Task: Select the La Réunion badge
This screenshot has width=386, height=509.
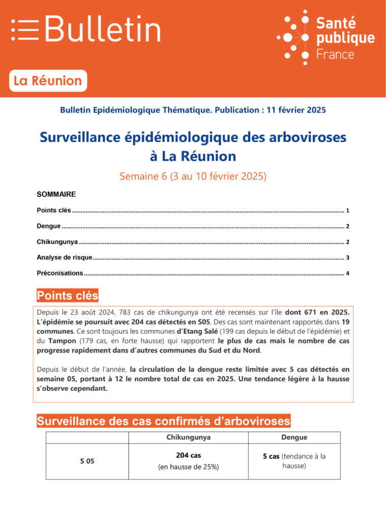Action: pyautogui.click(x=48, y=81)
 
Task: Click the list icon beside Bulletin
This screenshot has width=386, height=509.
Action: pyautogui.click(x=25, y=30)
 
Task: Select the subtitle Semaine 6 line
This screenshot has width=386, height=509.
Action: pyautogui.click(x=193, y=177)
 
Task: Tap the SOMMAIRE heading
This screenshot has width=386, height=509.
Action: pyautogui.click(x=56, y=194)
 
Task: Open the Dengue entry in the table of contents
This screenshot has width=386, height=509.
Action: pyautogui.click(x=49, y=226)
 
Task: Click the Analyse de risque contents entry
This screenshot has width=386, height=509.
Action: pyautogui.click(x=64, y=258)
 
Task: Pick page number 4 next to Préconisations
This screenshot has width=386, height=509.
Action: pyautogui.click(x=347, y=273)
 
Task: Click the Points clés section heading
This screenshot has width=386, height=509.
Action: pyautogui.click(x=68, y=296)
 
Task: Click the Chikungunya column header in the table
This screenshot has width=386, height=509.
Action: pyautogui.click(x=188, y=437)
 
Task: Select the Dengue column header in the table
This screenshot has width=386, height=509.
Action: pyautogui.click(x=294, y=437)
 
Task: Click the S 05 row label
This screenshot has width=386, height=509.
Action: pyautogui.click(x=87, y=461)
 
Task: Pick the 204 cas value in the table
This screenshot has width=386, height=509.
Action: pyautogui.click(x=188, y=456)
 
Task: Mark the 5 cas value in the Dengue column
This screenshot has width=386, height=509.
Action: pyautogui.click(x=271, y=457)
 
